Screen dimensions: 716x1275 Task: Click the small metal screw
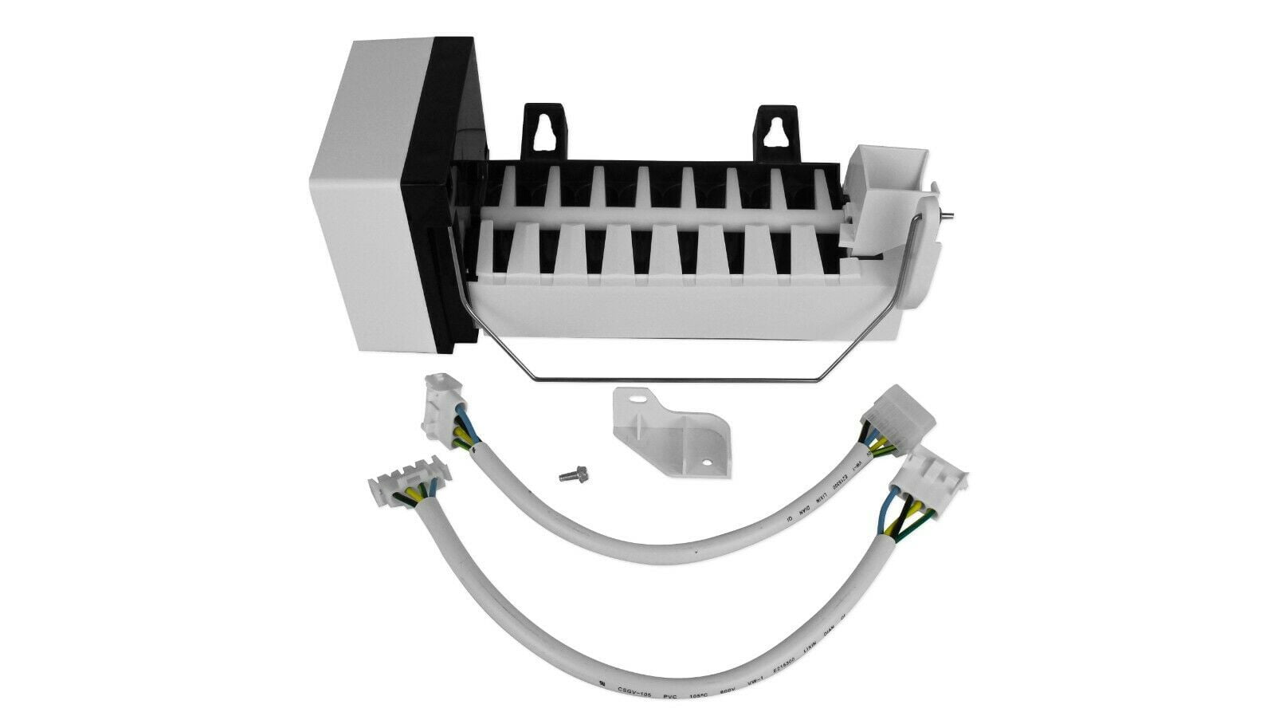[567, 475]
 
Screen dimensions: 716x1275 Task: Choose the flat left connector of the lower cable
[406, 486]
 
